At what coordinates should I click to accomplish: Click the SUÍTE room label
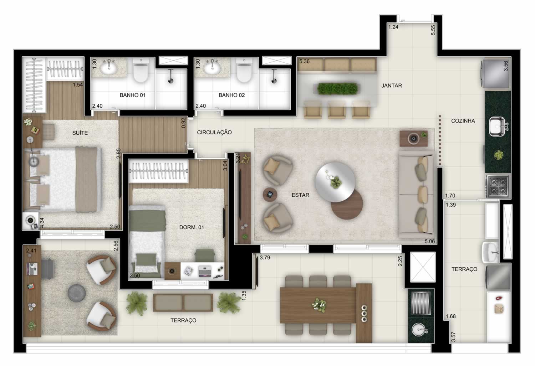(80, 133)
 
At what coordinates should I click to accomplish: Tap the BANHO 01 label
(133, 95)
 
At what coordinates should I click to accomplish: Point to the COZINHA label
(463, 121)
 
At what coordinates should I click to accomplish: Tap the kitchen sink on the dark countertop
(497, 126)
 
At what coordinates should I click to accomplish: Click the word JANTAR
(392, 86)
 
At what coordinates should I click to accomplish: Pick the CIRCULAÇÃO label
(214, 133)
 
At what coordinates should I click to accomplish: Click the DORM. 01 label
(192, 227)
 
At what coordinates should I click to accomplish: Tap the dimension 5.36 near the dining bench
(305, 62)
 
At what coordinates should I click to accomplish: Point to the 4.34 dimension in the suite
(42, 222)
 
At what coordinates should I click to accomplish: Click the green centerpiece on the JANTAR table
(337, 89)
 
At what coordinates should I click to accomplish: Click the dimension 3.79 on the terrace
(265, 258)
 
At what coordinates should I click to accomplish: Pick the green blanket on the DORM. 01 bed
(147, 221)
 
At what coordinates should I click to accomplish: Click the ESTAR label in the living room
(300, 195)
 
